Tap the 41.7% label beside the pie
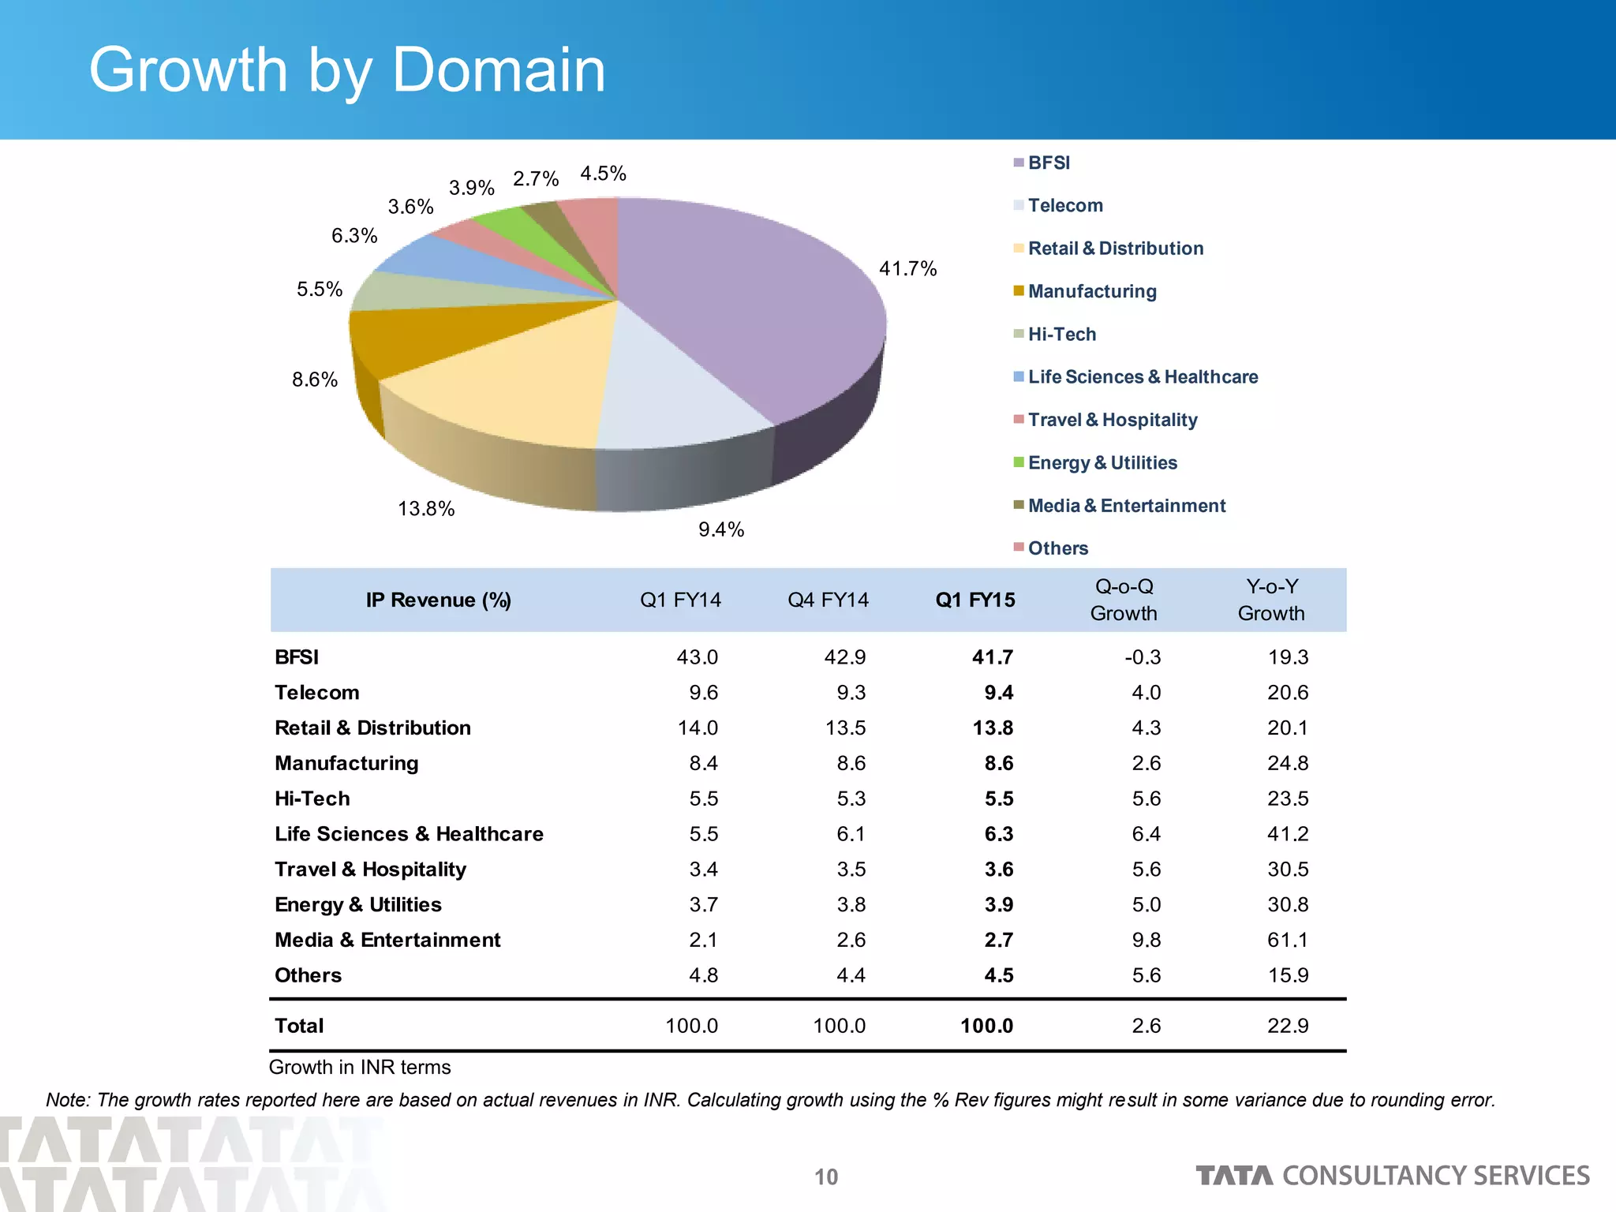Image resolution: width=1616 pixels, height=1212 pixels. (x=907, y=269)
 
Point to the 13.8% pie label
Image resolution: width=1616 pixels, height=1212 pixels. (x=426, y=509)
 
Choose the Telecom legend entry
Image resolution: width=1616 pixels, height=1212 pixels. (x=1064, y=206)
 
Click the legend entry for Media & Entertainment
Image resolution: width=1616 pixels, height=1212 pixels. (x=1126, y=506)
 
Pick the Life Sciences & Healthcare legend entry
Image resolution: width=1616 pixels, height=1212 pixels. (x=1142, y=377)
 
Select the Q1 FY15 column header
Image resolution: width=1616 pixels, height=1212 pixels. (x=975, y=600)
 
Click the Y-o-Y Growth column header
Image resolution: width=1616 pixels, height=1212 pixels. (x=1271, y=600)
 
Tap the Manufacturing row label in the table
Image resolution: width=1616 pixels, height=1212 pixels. (x=346, y=763)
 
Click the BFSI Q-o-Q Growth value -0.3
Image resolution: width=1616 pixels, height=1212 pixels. (x=1142, y=657)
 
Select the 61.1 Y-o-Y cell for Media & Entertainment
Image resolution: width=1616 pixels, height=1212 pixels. (x=1287, y=940)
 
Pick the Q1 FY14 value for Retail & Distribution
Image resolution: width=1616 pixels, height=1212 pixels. (x=698, y=728)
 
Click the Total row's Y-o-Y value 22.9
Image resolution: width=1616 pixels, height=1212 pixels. (x=1287, y=1026)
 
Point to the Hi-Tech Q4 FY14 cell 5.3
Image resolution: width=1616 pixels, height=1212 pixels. (x=851, y=799)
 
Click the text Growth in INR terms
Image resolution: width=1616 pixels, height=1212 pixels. (x=360, y=1068)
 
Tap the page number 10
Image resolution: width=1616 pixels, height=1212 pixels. (x=826, y=1177)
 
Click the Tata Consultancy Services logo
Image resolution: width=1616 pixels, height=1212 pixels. (x=1392, y=1176)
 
